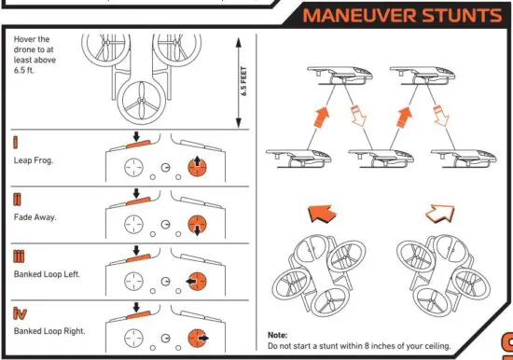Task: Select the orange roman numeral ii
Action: coord(19,199)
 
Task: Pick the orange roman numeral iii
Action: coord(20,256)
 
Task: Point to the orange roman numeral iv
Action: coord(21,312)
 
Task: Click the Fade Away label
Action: coord(35,216)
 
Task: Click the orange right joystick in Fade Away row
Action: coord(197,225)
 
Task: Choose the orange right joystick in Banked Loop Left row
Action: coord(197,281)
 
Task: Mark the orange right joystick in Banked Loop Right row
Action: coord(197,337)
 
